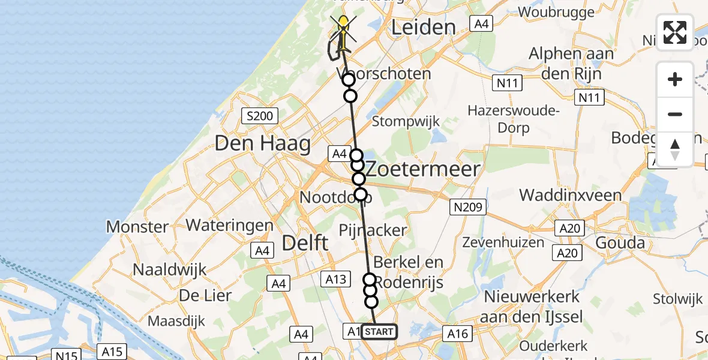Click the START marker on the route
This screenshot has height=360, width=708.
tap(379, 331)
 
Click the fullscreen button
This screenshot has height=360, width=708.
tap(675, 32)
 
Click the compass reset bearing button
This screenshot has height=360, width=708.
tap(675, 149)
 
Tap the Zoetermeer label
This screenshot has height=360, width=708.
tap(424, 169)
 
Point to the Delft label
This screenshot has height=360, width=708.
tap(305, 243)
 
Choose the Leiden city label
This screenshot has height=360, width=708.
tap(424, 27)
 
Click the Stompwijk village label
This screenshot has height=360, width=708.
tap(406, 121)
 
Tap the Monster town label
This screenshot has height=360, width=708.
tap(137, 227)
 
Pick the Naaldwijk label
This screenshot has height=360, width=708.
tap(169, 269)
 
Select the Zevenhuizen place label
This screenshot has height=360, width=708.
tap(503, 243)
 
